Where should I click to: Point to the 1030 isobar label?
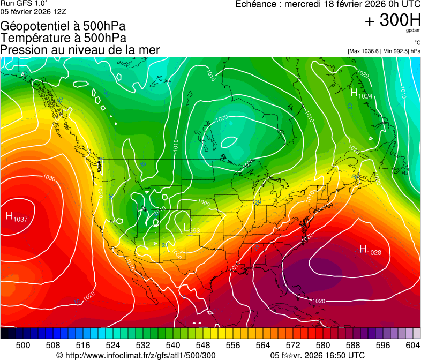pyautogui.click(x=49, y=178)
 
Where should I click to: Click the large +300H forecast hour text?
pyautogui.click(x=393, y=20)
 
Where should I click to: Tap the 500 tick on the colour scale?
pyautogui.click(x=23, y=345)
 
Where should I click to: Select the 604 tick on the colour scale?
pyautogui.click(x=412, y=345)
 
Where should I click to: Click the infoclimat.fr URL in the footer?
pyautogui.click(x=136, y=355)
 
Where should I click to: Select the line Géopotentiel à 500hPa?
pyautogui.click(x=63, y=26)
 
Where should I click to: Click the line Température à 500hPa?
pyautogui.click(x=63, y=38)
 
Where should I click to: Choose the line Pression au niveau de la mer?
pyautogui.click(x=80, y=50)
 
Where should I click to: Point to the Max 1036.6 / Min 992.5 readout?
pyautogui.click(x=384, y=51)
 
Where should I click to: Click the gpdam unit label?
pyautogui.click(x=412, y=31)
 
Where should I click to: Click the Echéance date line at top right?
pyautogui.click(x=328, y=4)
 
